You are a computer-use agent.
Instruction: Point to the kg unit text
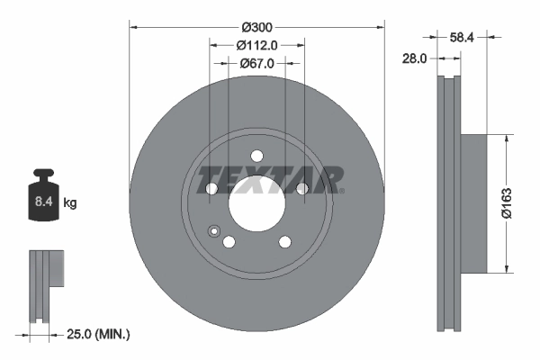[x=69, y=203]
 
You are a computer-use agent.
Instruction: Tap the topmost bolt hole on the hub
[x=256, y=154]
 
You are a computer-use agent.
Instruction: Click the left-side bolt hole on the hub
[x=211, y=188]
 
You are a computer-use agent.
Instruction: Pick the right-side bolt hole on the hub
[x=301, y=188]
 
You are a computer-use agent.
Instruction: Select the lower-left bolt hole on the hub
[x=229, y=241]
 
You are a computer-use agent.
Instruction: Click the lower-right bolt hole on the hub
[x=284, y=241]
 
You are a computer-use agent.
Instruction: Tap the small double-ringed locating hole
[x=214, y=231]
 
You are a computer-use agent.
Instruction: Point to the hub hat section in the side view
[x=474, y=202]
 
